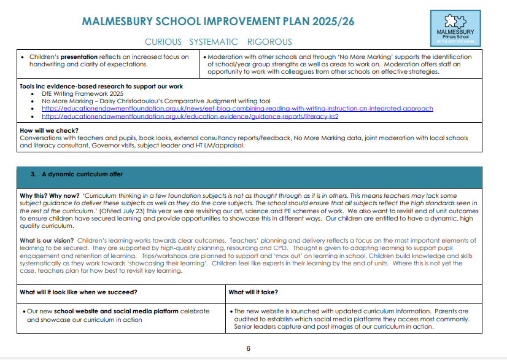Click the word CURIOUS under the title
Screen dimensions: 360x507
pos(163,42)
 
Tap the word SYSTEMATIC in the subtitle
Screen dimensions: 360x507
pos(214,42)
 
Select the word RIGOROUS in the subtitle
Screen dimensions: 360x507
pos(269,42)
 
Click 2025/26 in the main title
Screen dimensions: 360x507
pos(333,22)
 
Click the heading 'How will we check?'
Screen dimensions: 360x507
pos(49,130)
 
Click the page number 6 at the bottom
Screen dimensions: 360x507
pos(249,348)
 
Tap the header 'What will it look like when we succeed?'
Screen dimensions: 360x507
pos(79,292)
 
